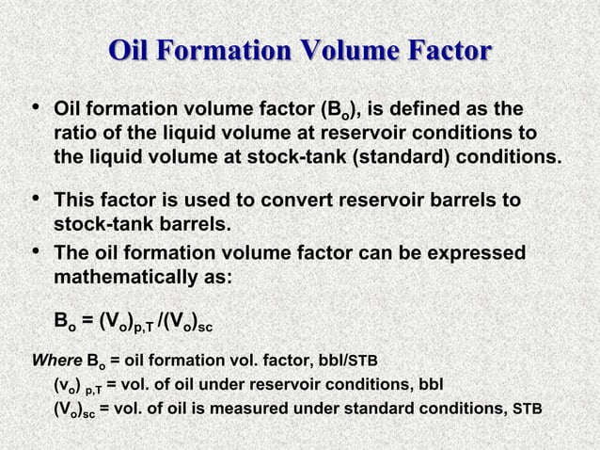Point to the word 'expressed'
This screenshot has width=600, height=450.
click(475, 255)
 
